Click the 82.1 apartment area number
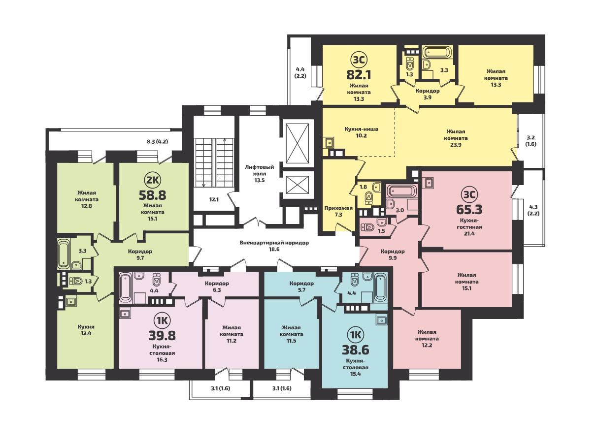[x=359, y=75]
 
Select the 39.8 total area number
[x=162, y=336]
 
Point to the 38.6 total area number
[x=355, y=350]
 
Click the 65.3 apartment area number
[x=469, y=209]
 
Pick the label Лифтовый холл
[x=259, y=170]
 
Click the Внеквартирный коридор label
[x=274, y=243]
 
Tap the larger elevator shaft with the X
[x=297, y=143]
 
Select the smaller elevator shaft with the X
[x=297, y=185]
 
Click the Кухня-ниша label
[x=361, y=129]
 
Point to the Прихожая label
[x=338, y=208]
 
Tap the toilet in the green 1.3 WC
[x=75, y=282]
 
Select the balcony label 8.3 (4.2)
[x=157, y=141]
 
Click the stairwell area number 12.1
[x=214, y=200]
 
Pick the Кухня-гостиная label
[x=469, y=223]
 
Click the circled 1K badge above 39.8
[x=162, y=321]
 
